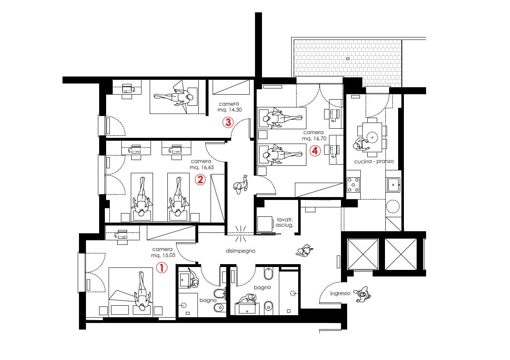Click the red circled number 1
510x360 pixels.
click(x=162, y=268)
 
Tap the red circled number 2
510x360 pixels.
click(x=200, y=180)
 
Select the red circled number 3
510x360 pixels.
click(x=228, y=122)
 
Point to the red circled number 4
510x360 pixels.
click(x=315, y=151)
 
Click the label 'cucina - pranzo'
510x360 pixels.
click(x=374, y=161)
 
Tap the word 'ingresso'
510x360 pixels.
click(x=340, y=293)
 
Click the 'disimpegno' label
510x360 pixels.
click(x=241, y=251)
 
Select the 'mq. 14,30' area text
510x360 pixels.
click(x=229, y=110)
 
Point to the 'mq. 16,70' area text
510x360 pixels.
click(x=314, y=138)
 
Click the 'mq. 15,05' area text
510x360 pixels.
click(x=163, y=255)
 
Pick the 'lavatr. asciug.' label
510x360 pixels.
click(x=285, y=223)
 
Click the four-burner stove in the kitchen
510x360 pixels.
click(x=353, y=184)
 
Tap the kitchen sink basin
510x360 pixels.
click(x=393, y=185)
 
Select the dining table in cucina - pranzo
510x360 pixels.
click(x=372, y=137)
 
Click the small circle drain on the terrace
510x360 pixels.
click(x=348, y=58)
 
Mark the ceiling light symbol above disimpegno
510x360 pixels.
click(x=241, y=234)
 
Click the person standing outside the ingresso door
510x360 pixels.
click(x=362, y=294)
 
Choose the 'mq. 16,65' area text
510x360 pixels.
click(x=202, y=167)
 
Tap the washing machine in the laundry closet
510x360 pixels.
click(x=265, y=224)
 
